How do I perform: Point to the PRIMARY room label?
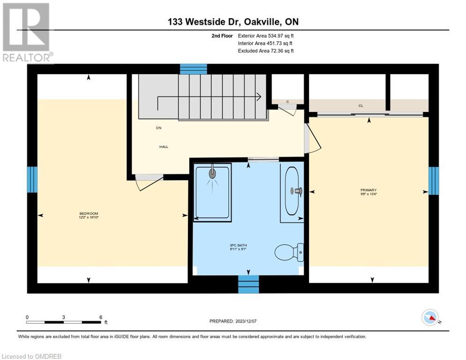coord(368,190)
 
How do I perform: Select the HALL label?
coord(163,147)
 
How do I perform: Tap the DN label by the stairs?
coord(158,127)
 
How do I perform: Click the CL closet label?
coord(361,106)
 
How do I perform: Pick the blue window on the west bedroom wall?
coord(32,180)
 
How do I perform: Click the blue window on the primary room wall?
coord(434,180)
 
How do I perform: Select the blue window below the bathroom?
coord(248,284)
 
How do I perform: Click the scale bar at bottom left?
coord(64,322)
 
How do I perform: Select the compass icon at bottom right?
coord(430,317)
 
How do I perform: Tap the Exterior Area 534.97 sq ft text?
coord(266,36)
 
